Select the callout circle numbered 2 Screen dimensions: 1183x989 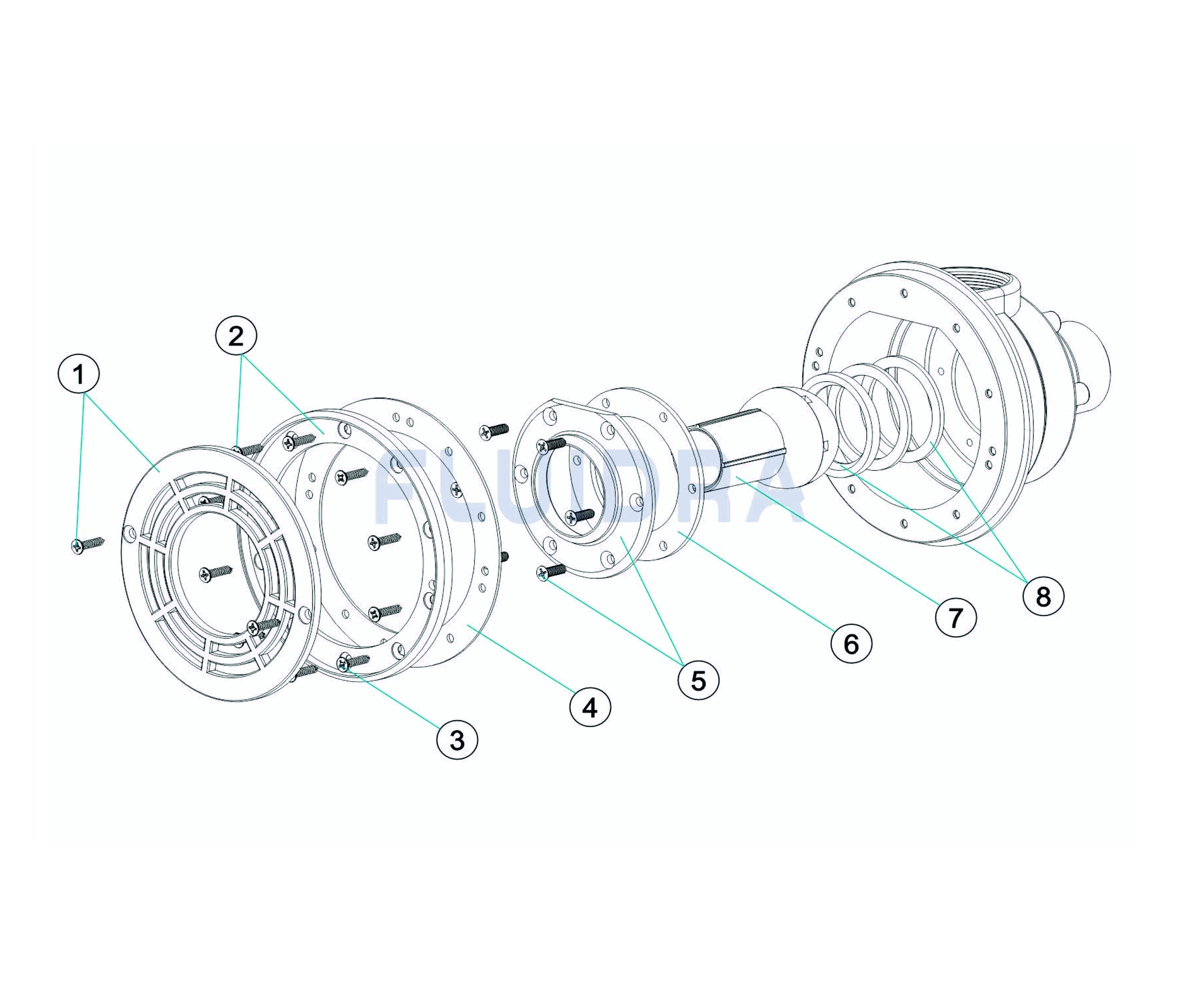click(236, 336)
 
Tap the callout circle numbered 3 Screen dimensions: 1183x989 click(457, 740)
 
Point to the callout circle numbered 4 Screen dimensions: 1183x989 click(590, 707)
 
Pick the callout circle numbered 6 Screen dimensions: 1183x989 click(851, 642)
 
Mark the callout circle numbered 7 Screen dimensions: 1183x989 click(956, 618)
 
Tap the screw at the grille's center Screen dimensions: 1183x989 click(215, 573)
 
